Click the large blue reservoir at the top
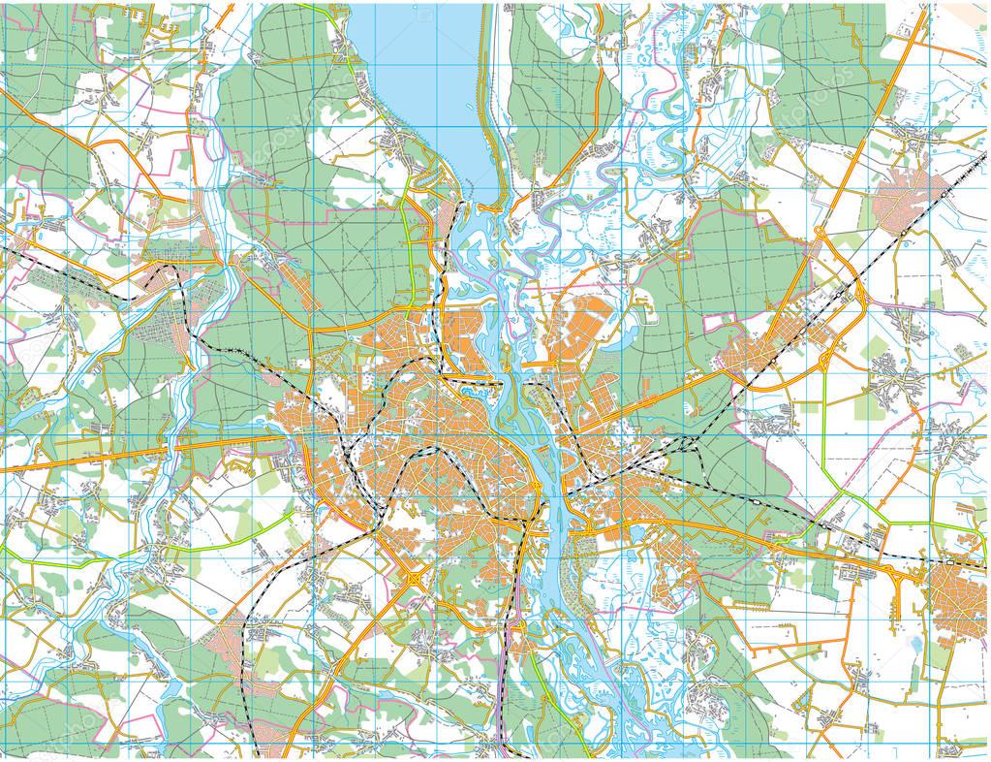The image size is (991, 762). coord(412,78)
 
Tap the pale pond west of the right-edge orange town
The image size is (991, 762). coord(914,642)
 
